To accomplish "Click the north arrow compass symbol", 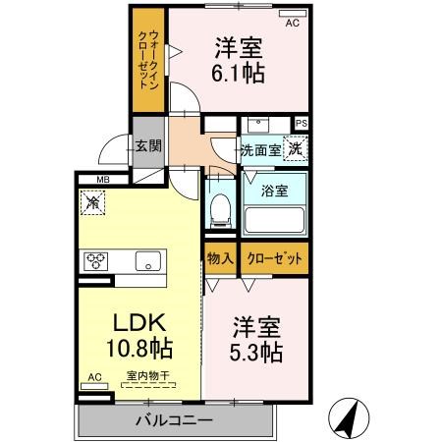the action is [349, 418].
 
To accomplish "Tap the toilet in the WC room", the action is [220, 210].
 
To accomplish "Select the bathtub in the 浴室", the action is [274, 221].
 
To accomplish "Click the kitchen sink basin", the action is [148, 260].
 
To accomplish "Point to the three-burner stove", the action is [96, 261].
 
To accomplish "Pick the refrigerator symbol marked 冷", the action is [93, 202].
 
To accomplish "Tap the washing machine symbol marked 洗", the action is [296, 148].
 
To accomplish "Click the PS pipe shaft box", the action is [302, 124].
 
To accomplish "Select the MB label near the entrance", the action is [103, 180].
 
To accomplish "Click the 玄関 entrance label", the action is [148, 146].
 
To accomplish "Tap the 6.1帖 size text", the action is [238, 74].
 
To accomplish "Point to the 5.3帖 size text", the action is [255, 352].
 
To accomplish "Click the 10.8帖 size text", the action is [139, 348].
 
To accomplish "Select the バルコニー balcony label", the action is [175, 420].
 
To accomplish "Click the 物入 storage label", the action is [220, 258].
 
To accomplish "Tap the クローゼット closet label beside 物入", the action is [274, 258].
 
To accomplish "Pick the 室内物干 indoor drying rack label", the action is [148, 375].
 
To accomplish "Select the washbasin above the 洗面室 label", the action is [258, 125].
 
